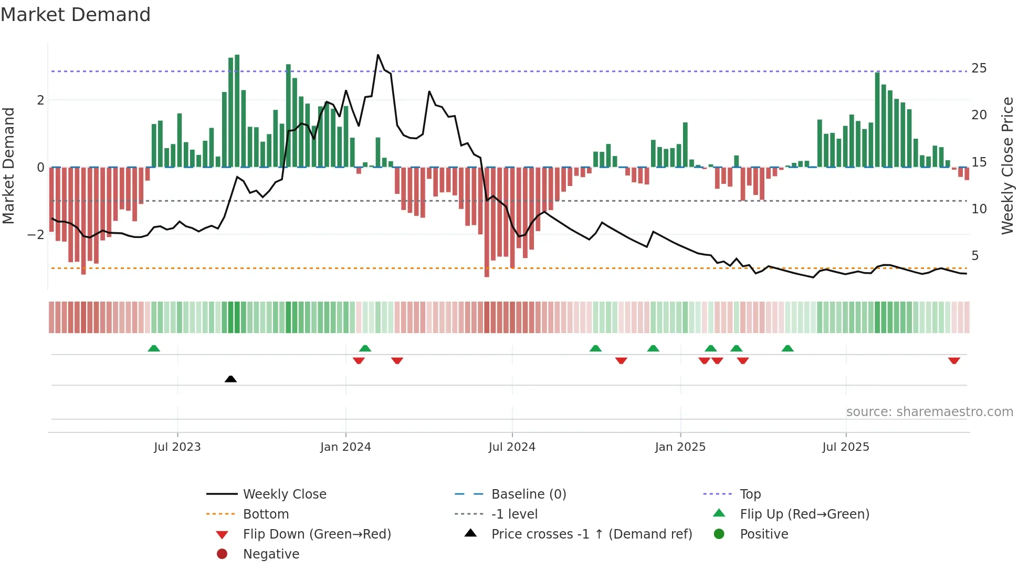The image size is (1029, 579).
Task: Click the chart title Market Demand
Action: (76, 15)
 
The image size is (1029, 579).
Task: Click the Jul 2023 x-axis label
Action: (177, 447)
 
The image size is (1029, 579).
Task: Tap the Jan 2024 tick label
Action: (345, 447)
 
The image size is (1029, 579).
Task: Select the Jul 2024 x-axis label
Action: (512, 447)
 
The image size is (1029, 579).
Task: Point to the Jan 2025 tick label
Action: (680, 447)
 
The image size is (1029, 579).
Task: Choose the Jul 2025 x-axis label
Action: (846, 447)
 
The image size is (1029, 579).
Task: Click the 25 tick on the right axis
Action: (979, 68)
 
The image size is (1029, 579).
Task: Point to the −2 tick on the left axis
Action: (36, 234)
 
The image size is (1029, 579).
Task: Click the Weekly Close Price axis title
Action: (1007, 166)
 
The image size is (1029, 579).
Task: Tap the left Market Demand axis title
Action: (8, 166)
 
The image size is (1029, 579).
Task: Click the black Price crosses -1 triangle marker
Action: (230, 379)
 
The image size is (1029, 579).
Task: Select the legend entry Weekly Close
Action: (284, 494)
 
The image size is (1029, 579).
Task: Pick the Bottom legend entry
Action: (266, 514)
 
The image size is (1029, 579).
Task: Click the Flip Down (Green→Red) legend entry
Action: (317, 534)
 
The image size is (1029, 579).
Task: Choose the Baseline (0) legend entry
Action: (528, 494)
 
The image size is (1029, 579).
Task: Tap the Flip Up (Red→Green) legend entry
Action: (804, 514)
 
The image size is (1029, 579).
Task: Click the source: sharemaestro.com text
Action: (929, 412)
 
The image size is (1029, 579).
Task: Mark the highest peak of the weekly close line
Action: (378, 55)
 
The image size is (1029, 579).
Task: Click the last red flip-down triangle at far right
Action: (954, 360)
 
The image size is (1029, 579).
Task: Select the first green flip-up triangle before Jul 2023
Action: (154, 348)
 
